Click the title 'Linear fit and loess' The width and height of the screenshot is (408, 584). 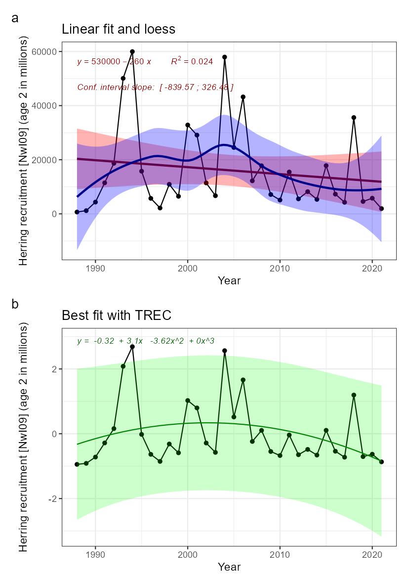118,29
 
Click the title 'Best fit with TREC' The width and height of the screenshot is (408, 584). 116,315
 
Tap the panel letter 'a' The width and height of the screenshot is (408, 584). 15,18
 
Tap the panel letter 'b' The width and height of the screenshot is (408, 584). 15,304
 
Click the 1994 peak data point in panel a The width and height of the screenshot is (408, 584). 132,51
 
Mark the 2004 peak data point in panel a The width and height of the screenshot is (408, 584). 224,57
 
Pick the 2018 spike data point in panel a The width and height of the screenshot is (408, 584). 354,118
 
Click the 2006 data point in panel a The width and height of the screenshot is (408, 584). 243,97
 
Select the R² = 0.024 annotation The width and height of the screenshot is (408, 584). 192,62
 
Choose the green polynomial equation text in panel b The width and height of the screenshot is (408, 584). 145,341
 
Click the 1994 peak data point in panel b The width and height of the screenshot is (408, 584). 132,347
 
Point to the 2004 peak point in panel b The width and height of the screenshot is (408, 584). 224,351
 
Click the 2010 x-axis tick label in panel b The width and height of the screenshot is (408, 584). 280,554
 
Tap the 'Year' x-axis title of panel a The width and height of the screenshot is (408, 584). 229,281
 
